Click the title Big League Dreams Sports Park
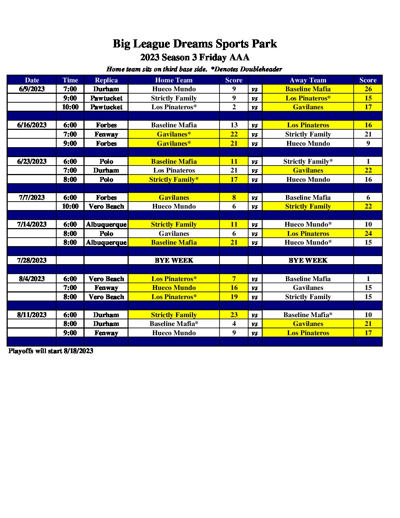pyautogui.click(x=194, y=44)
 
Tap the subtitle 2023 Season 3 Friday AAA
pyautogui.click(x=194, y=57)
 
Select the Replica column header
pyautogui.click(x=106, y=80)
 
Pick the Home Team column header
pyautogui.click(x=174, y=80)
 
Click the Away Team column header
pyautogui.click(x=308, y=80)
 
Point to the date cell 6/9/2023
pyautogui.click(x=32, y=89)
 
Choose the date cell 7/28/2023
pyautogui.click(x=32, y=260)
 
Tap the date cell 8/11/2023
pyautogui.click(x=32, y=315)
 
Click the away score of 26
pyautogui.click(x=368, y=89)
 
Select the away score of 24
pyautogui.click(x=368, y=234)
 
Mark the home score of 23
pyautogui.click(x=234, y=315)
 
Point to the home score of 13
pyautogui.click(x=234, y=125)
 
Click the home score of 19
pyautogui.click(x=234, y=297)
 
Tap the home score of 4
pyautogui.click(x=234, y=324)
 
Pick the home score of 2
pyautogui.click(x=234, y=107)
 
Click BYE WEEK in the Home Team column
pyautogui.click(x=174, y=260)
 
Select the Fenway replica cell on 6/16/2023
pyautogui.click(x=106, y=134)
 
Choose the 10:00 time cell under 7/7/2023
pyautogui.click(x=70, y=206)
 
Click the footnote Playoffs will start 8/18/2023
pyautogui.click(x=51, y=351)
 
